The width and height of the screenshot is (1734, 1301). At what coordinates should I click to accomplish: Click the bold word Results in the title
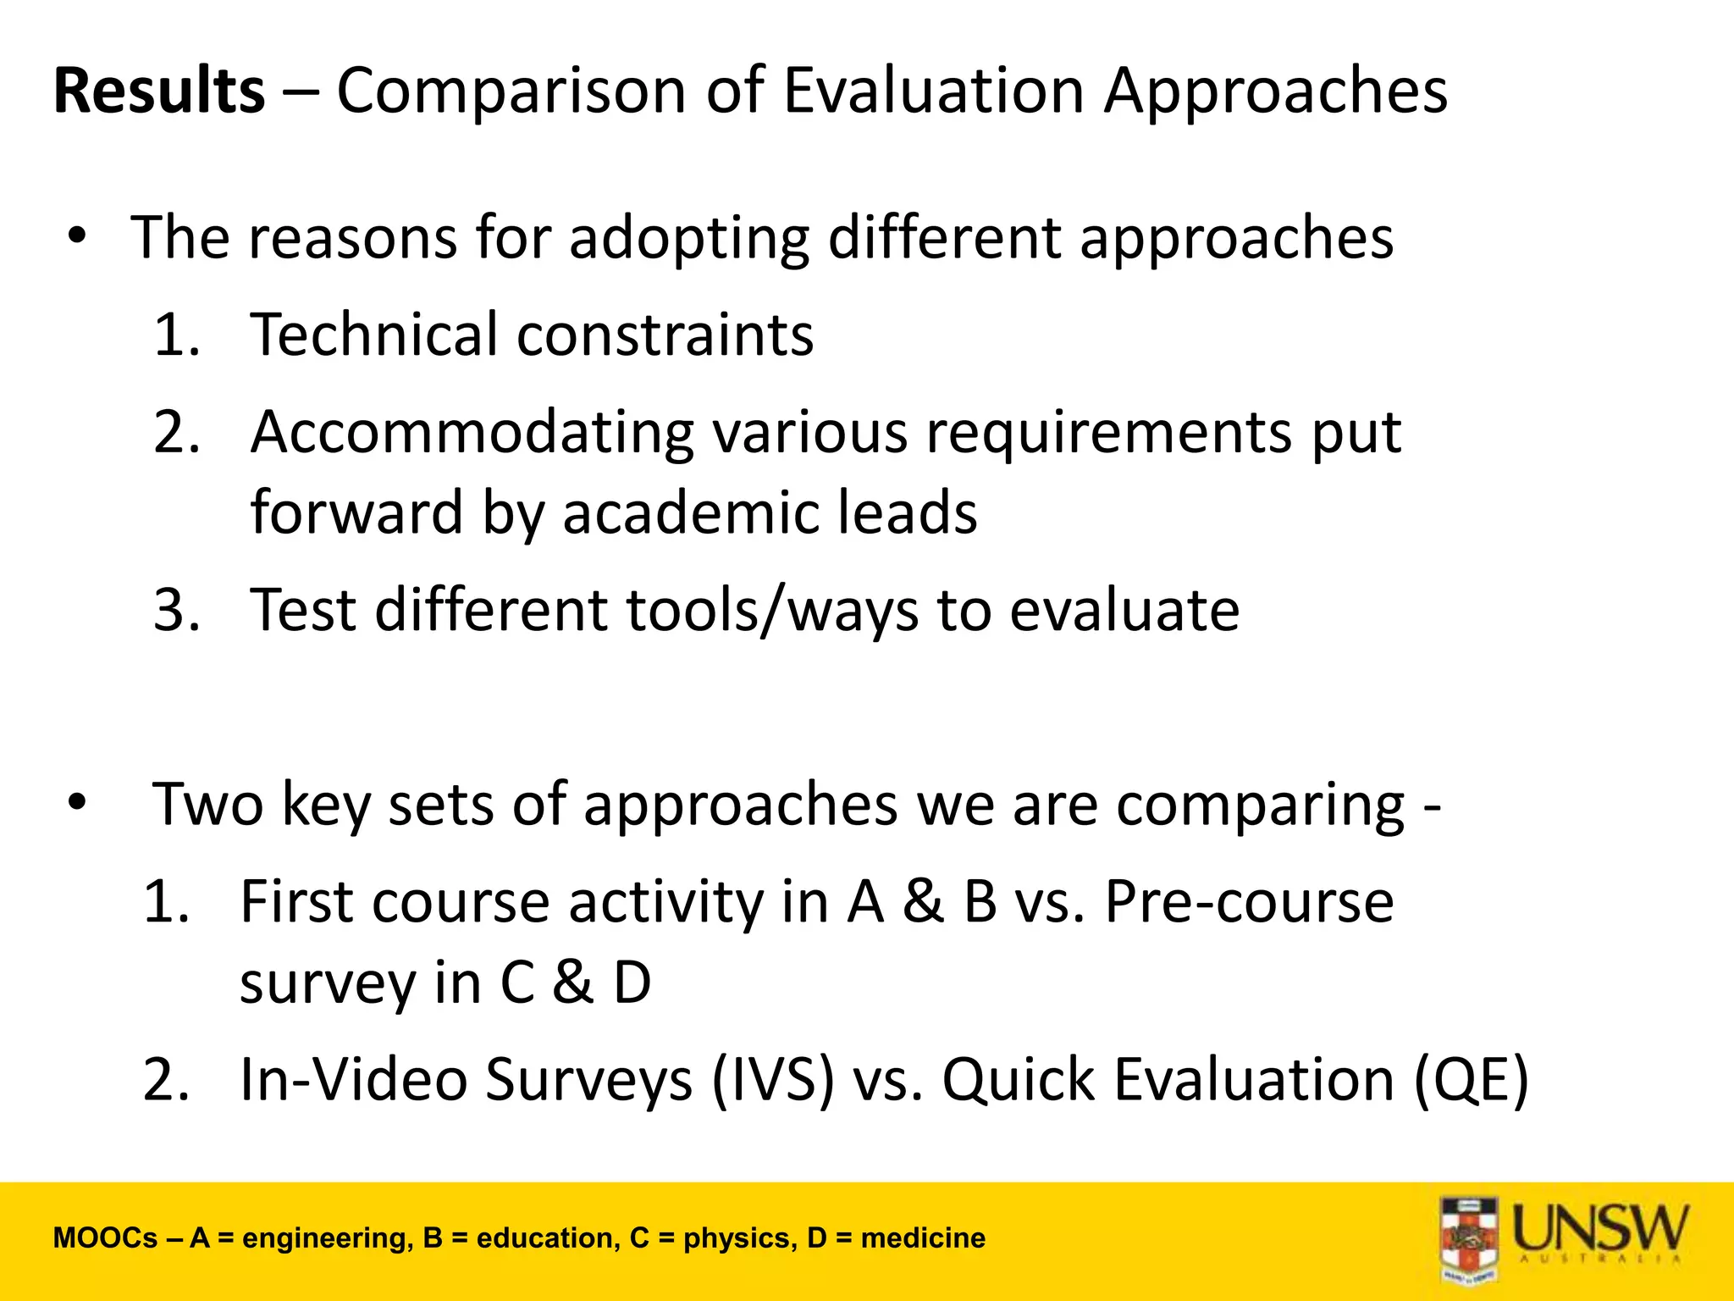point(159,91)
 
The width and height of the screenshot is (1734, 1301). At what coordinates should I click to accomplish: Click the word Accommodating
point(472,433)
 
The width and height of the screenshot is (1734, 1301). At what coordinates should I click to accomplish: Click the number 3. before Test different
point(177,610)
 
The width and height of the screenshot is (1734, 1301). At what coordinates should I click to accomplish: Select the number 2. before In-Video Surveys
point(166,1080)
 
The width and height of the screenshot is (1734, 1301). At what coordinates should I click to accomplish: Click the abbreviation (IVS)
point(772,1080)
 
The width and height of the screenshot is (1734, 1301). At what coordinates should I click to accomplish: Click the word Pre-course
point(1249,901)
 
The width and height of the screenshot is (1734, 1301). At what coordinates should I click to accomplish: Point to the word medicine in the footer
point(923,1238)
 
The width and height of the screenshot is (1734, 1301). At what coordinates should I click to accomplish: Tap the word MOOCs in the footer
point(105,1238)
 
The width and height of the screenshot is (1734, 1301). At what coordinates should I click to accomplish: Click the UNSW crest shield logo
point(1469,1238)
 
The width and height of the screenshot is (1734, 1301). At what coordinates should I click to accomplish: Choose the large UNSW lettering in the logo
point(1600,1228)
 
